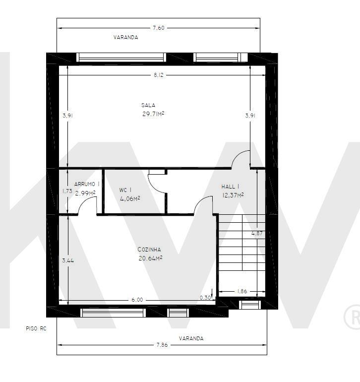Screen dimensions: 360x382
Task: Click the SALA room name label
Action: pyautogui.click(x=148, y=105)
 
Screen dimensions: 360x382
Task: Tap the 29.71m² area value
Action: pyautogui.click(x=153, y=114)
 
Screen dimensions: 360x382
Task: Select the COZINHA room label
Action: pyautogui.click(x=149, y=250)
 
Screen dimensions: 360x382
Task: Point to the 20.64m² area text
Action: pyautogui.click(x=150, y=258)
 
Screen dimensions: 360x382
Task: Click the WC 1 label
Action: pyautogui.click(x=125, y=190)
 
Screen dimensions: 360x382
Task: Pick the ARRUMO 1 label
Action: pyautogui.click(x=87, y=184)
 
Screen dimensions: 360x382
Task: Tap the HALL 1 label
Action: pyautogui.click(x=230, y=187)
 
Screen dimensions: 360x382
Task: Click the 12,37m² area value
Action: pyautogui.click(x=233, y=195)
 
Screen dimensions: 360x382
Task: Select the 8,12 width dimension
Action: pyautogui.click(x=159, y=75)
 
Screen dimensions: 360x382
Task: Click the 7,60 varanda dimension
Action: pyautogui.click(x=159, y=28)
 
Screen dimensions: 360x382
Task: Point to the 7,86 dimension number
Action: pyautogui.click(x=162, y=345)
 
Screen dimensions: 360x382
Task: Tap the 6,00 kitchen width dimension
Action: pyautogui.click(x=137, y=300)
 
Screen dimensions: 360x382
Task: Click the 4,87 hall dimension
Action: pyautogui.click(x=257, y=233)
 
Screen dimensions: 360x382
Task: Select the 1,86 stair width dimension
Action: pyautogui.click(x=242, y=291)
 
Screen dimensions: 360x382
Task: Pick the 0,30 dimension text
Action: pyautogui.click(x=205, y=298)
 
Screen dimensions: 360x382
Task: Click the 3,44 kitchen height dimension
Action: pyautogui.click(x=68, y=260)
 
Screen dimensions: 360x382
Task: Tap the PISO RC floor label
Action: pyautogui.click(x=36, y=328)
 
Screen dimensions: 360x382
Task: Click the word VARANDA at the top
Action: pyautogui.click(x=125, y=37)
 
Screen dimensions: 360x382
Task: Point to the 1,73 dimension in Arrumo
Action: pyautogui.click(x=67, y=191)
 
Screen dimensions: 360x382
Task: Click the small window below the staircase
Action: pyautogui.click(x=249, y=305)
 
